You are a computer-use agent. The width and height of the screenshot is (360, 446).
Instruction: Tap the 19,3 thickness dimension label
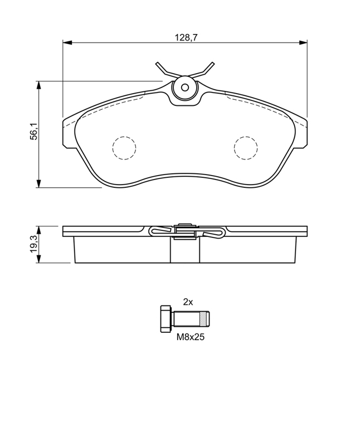point(35,244)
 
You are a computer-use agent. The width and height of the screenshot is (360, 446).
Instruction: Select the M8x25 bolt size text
point(191,337)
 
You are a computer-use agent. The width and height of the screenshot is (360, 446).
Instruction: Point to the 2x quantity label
point(188,302)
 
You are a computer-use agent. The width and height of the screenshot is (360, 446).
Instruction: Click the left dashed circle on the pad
point(124,148)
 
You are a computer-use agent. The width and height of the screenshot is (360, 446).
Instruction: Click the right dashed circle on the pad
point(246,148)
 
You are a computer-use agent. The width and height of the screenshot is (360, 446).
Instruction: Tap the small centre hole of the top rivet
point(185,88)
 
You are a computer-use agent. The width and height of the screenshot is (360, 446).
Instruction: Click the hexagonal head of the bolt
point(166,318)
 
